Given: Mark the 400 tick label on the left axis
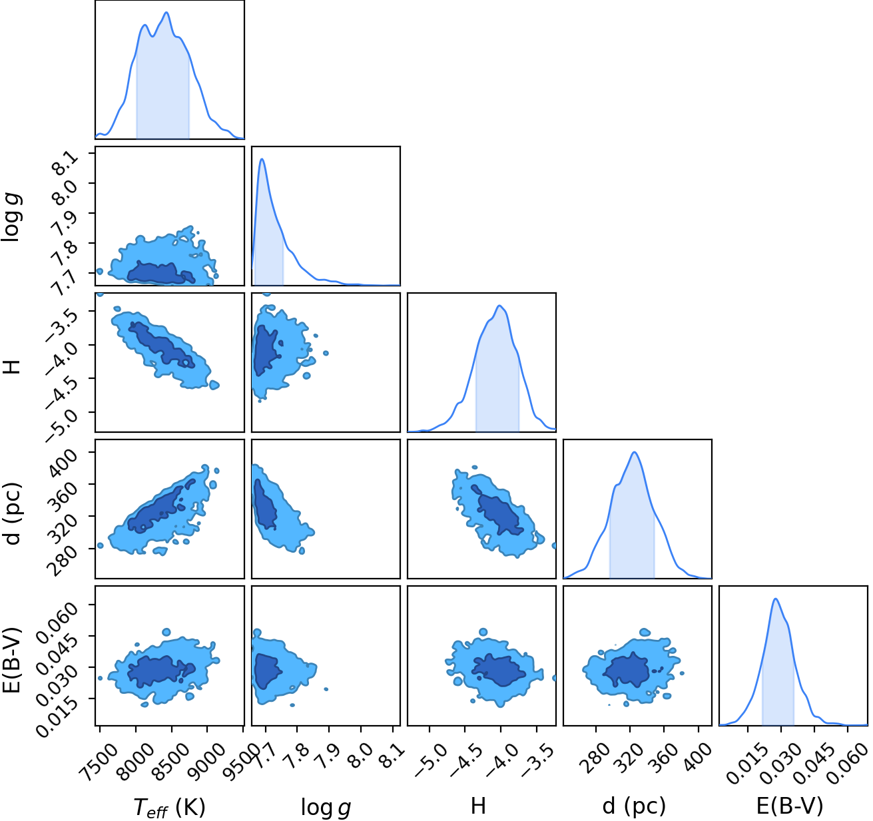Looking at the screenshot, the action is point(64,463).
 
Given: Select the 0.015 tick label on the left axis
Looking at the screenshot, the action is point(57,709).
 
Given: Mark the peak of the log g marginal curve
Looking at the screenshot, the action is point(262,159).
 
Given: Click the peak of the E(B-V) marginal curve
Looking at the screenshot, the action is point(775,599).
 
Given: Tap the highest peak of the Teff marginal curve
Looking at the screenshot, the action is point(166,12).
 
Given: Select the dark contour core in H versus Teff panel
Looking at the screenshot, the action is point(161,345).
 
